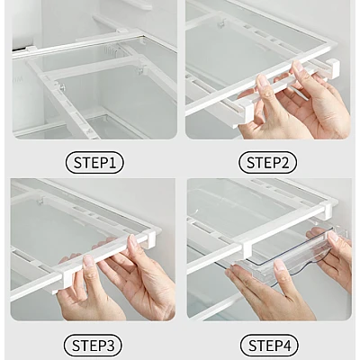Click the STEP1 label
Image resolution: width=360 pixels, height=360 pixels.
(x=94, y=163)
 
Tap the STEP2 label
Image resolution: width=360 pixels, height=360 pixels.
(x=267, y=163)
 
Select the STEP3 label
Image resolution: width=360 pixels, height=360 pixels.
(x=94, y=346)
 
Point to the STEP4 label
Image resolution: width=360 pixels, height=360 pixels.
(x=269, y=346)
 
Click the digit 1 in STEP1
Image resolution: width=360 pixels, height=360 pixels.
(x=112, y=163)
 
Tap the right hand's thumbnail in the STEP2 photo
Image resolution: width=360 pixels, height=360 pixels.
(x=298, y=67)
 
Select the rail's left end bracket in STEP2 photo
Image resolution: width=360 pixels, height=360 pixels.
(x=247, y=112)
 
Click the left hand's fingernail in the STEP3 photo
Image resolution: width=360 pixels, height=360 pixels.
(x=89, y=261)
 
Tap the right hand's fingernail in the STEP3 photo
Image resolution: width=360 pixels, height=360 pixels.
(x=132, y=240)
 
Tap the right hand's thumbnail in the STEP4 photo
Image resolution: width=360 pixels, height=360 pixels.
(x=333, y=237)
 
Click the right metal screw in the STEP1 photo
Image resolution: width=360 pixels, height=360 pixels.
(x=139, y=71)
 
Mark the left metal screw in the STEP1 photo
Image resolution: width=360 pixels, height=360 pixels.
(x=63, y=86)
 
